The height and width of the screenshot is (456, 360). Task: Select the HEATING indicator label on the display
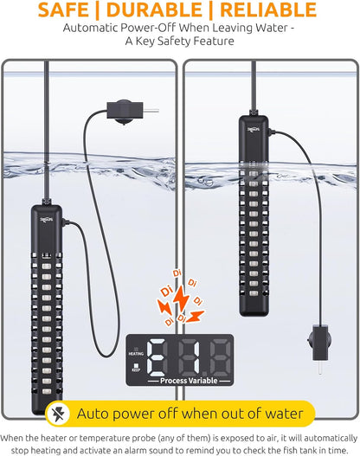point(137,353)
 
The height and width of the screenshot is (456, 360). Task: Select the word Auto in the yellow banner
point(102,413)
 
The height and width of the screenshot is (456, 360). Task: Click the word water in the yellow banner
point(279,413)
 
